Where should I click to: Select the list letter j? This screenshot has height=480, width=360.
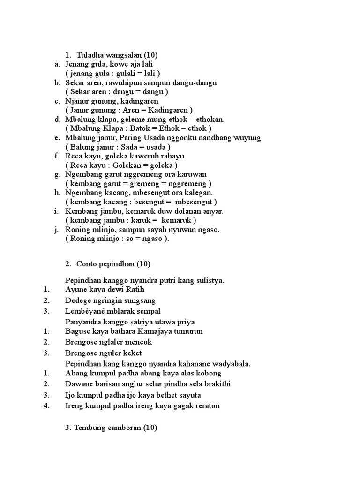(x=56, y=230)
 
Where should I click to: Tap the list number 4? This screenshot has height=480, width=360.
(x=46, y=405)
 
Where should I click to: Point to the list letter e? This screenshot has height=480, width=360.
(x=57, y=138)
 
